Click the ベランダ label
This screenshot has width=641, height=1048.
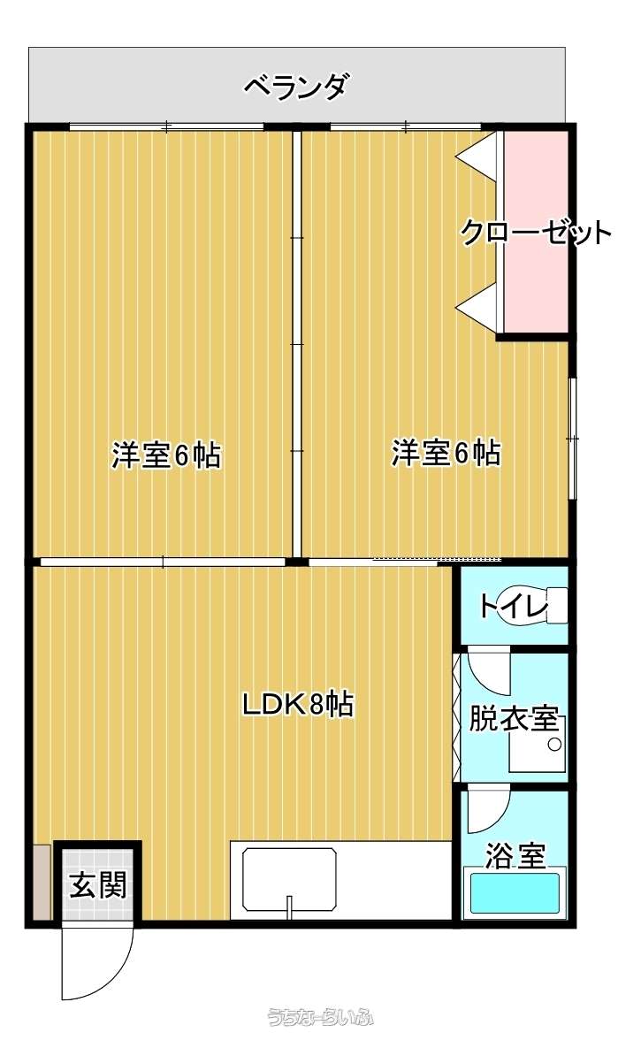(x=295, y=87)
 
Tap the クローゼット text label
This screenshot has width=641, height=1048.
(x=536, y=232)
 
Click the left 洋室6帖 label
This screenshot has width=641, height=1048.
(x=165, y=455)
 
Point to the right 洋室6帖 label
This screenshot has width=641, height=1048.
(x=446, y=453)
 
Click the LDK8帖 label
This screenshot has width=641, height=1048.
(x=297, y=704)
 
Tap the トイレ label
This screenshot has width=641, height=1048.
(x=514, y=606)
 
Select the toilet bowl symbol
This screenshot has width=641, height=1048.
(x=543, y=606)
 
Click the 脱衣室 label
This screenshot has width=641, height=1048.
(x=514, y=718)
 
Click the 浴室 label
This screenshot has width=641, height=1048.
(x=515, y=855)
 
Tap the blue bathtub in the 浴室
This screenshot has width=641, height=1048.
(x=515, y=893)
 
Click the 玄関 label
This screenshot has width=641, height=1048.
(x=98, y=886)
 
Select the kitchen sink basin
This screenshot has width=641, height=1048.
(x=289, y=879)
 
